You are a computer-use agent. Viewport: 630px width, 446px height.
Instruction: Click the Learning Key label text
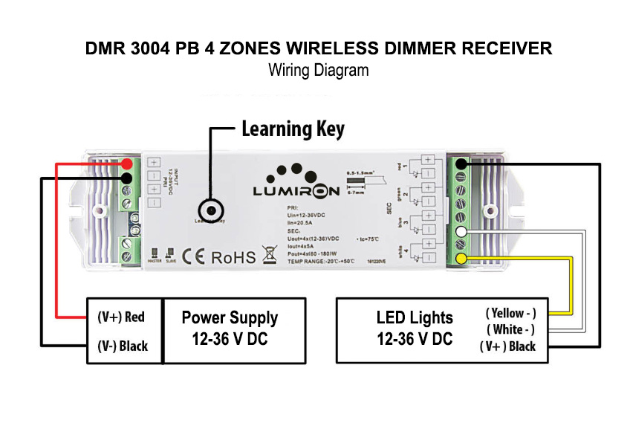click(293, 129)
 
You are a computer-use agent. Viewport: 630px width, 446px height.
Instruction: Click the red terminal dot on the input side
click(128, 164)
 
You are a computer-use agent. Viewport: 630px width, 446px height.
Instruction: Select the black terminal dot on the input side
click(128, 178)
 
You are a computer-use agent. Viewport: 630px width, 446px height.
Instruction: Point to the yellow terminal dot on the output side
click(461, 259)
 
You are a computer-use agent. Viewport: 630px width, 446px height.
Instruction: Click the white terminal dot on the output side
click(461, 233)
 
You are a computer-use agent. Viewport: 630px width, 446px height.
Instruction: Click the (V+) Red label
click(121, 317)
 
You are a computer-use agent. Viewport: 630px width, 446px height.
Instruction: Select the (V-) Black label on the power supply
click(123, 346)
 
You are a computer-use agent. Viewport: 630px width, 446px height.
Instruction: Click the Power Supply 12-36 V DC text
click(230, 329)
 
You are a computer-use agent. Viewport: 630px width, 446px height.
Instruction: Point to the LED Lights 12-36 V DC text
click(415, 329)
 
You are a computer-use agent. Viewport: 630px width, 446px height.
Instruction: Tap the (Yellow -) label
click(510, 314)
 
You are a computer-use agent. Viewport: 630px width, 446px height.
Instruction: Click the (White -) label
click(510, 329)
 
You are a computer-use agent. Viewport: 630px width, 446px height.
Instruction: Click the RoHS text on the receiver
click(234, 258)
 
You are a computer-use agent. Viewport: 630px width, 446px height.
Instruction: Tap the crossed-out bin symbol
click(270, 257)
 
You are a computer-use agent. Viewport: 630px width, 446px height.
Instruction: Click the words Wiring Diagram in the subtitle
click(318, 71)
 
